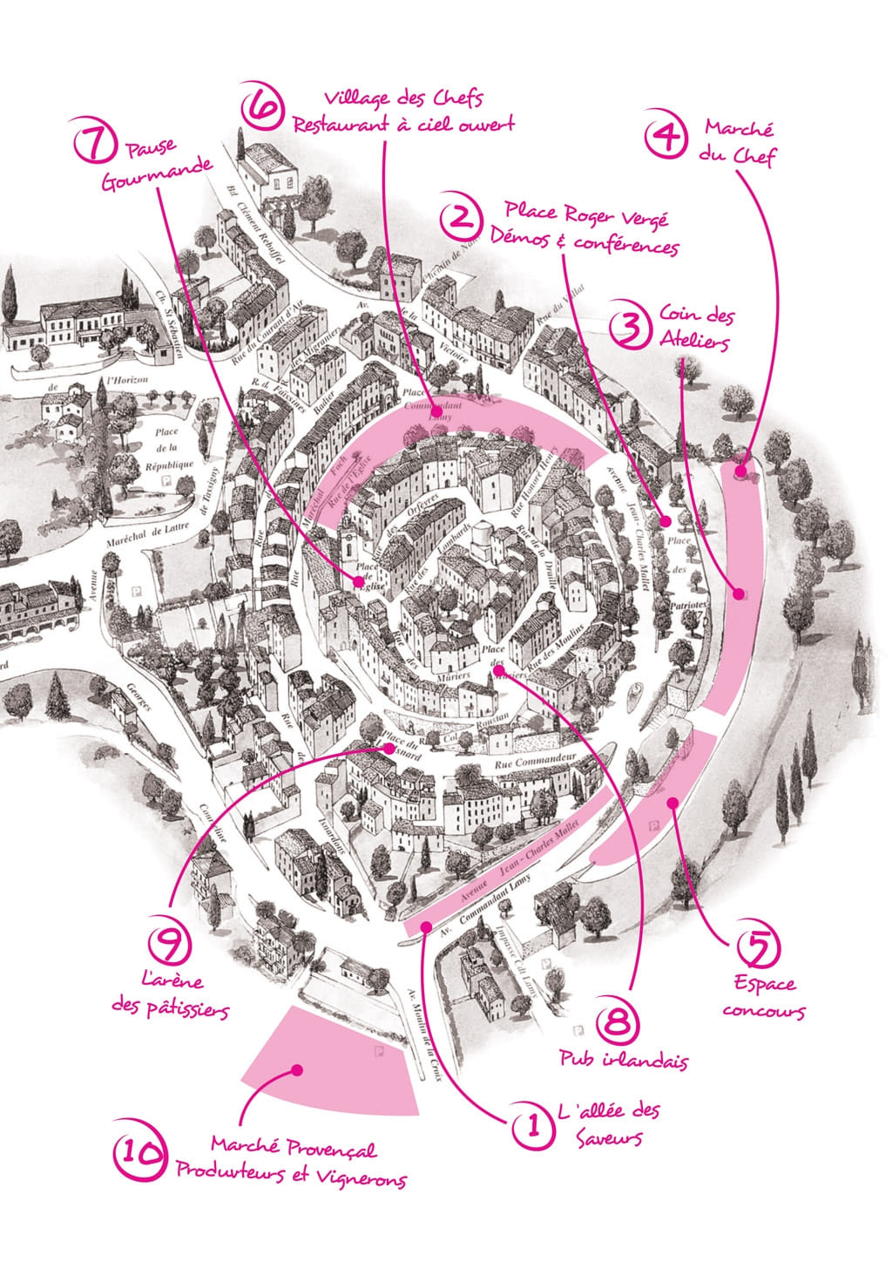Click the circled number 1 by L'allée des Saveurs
coord(529,1125)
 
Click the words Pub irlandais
coord(624,1061)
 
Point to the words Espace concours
coord(763,997)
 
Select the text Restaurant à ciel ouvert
coord(403,124)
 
